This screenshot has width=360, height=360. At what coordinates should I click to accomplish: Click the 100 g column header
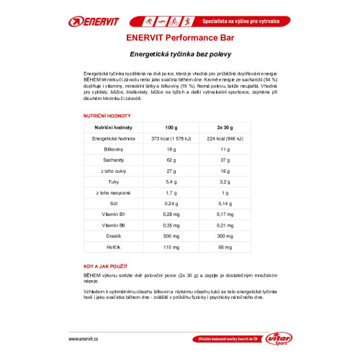click(x=170, y=126)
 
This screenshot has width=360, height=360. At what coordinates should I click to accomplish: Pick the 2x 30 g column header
click(x=225, y=126)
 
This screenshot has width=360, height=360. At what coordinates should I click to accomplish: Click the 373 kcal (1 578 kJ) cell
click(x=170, y=138)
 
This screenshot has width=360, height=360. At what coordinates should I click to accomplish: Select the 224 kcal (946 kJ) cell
click(x=225, y=138)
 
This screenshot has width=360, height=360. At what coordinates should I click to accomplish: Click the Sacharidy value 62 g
click(x=170, y=161)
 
